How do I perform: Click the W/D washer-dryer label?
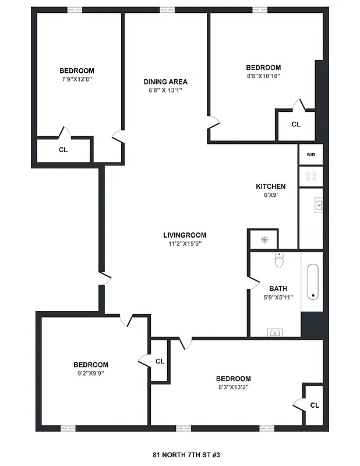[310, 154]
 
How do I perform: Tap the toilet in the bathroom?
[279, 260]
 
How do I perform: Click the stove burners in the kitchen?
[310, 176]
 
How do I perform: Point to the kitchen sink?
[319, 204]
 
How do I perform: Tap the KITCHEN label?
[270, 186]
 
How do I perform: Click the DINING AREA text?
[165, 82]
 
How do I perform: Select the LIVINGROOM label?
[185, 235]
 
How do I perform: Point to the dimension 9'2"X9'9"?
[91, 373]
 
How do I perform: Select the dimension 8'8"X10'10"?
[263, 76]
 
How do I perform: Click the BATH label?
[278, 288]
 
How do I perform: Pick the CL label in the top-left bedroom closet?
[63, 149]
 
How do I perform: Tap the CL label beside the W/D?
[295, 124]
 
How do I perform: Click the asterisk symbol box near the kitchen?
[264, 239]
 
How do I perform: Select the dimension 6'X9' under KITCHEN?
[270, 195]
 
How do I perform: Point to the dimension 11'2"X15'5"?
[185, 244]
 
